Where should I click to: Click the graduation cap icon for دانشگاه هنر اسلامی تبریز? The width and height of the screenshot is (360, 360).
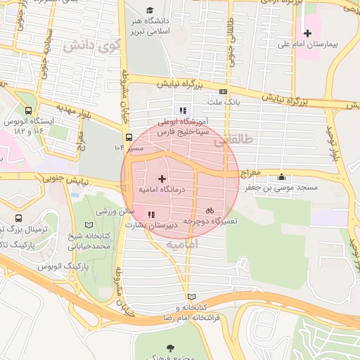[149, 10]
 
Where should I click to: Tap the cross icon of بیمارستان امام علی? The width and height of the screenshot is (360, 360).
[307, 33]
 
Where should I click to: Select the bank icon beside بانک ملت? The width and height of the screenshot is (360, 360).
[223, 91]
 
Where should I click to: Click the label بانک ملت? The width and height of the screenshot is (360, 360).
[223, 103]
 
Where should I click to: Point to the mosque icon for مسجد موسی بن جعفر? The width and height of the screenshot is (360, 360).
[282, 176]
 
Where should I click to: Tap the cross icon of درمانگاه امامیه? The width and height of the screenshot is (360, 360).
[162, 179]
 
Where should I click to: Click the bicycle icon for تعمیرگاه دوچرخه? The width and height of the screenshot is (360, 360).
[209, 210]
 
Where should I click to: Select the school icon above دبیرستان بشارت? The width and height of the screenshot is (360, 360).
[150, 214]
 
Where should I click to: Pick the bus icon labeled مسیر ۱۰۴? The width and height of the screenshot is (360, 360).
[128, 138]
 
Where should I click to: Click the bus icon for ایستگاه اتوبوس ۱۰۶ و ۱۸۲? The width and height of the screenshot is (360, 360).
[28, 110]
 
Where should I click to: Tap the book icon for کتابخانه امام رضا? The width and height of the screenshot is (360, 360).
[192, 297]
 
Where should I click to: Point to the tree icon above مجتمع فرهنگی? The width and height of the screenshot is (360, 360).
[171, 347]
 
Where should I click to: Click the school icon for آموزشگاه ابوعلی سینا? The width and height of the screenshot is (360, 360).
[183, 110]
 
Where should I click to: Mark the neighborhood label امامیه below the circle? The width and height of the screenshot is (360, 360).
[182, 244]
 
